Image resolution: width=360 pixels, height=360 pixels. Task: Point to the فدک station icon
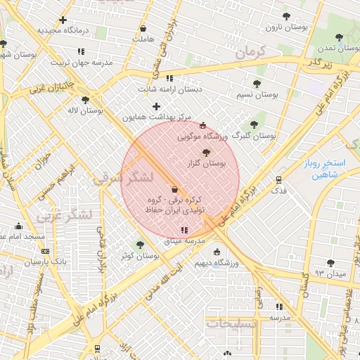(x=279, y=180)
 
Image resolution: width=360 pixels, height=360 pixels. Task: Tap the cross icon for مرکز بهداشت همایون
(x=156, y=106)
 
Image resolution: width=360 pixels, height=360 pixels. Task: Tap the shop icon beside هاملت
(x=143, y=29)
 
